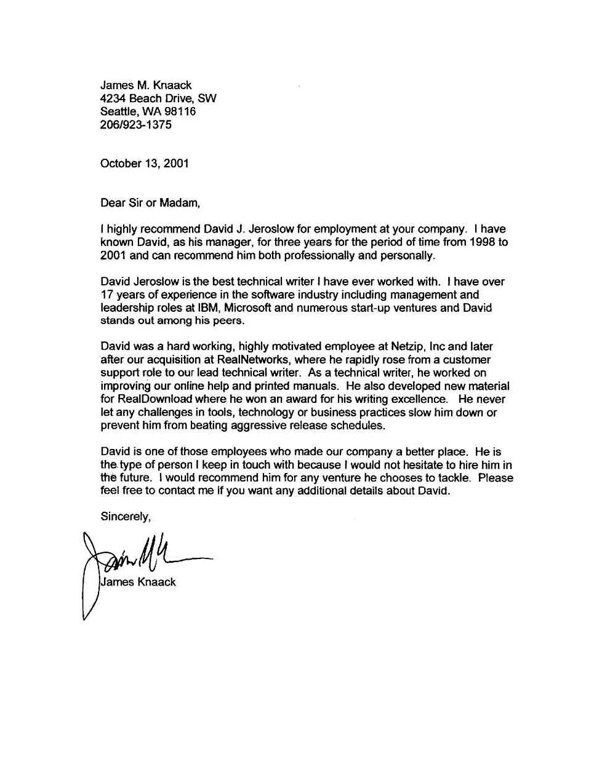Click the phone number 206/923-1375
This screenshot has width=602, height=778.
pyautogui.click(x=135, y=125)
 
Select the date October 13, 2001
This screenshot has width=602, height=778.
pyautogui.click(x=144, y=163)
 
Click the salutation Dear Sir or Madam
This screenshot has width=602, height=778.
pyautogui.click(x=150, y=202)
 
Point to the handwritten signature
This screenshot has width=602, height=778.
pyautogui.click(x=142, y=557)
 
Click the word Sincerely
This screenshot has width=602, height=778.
pyautogui.click(x=125, y=517)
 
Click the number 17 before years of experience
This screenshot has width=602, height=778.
pyautogui.click(x=107, y=295)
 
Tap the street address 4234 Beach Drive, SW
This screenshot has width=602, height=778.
pyautogui.click(x=158, y=98)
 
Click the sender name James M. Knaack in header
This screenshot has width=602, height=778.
pyautogui.click(x=146, y=85)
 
